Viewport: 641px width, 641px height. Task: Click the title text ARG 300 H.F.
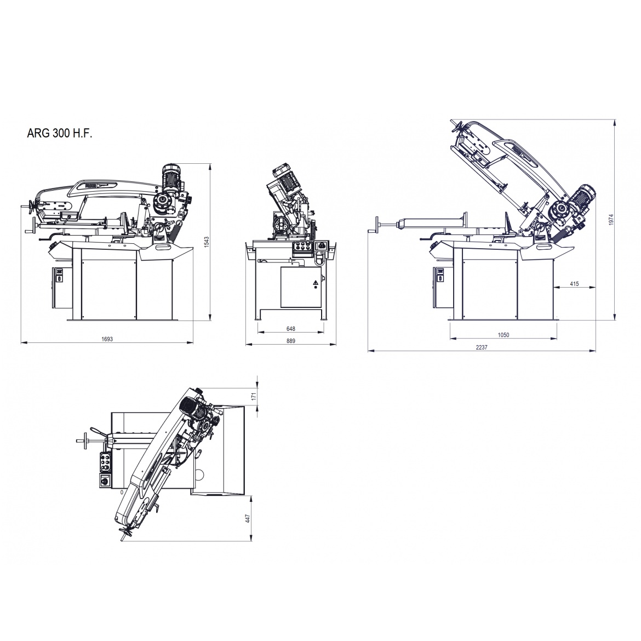(x=60, y=133)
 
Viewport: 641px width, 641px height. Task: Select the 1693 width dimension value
(x=107, y=339)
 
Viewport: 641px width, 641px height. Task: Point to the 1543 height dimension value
(x=207, y=242)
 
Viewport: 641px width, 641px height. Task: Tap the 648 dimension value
(x=291, y=329)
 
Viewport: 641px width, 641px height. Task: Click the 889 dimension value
(x=291, y=341)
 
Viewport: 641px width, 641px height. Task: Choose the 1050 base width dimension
(x=503, y=335)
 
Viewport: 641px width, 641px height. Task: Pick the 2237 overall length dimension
(x=482, y=347)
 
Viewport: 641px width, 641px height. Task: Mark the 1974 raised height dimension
(x=611, y=220)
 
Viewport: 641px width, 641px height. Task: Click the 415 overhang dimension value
(x=574, y=284)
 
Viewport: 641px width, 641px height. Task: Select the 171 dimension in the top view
(x=254, y=396)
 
